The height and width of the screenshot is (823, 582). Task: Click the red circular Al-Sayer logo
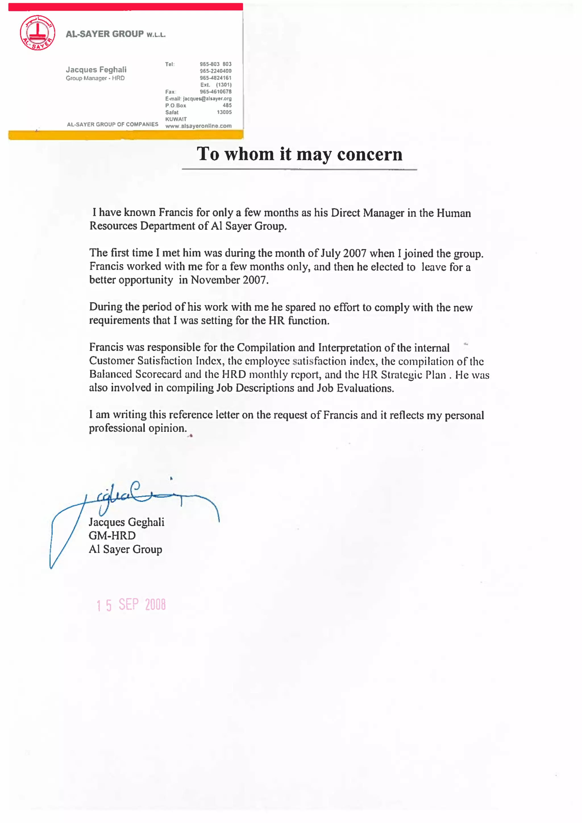pos(37,33)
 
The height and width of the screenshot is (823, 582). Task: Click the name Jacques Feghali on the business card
pos(96,70)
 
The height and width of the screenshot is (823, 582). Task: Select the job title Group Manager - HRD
pos(95,78)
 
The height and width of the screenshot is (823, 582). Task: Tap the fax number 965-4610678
pos(215,92)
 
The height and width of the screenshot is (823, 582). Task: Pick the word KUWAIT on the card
pos(176,119)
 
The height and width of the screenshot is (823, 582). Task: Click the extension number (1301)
pos(224,85)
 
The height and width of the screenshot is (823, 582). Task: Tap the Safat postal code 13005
pos(224,112)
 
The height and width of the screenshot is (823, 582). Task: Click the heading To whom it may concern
pos(300,154)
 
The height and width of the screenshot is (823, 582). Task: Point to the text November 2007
pos(229,280)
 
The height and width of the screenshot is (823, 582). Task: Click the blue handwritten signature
pos(136,499)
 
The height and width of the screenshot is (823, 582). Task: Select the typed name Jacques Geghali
pos(126,522)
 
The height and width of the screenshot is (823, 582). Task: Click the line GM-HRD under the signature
pos(112,536)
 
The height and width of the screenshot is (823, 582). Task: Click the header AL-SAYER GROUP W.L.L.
pos(115,34)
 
